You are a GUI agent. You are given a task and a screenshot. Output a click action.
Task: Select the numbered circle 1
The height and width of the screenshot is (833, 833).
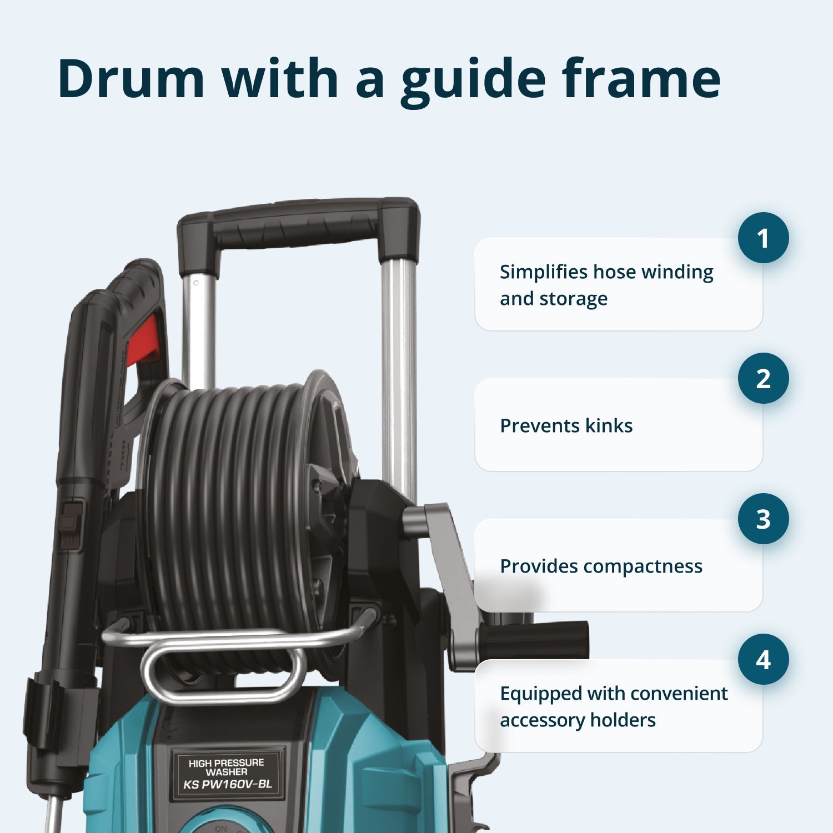pyautogui.click(x=763, y=238)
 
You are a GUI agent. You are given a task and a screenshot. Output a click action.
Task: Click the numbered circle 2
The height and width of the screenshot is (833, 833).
pyautogui.click(x=763, y=378)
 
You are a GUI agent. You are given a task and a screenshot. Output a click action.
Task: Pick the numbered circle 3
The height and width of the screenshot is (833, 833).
pyautogui.click(x=763, y=519)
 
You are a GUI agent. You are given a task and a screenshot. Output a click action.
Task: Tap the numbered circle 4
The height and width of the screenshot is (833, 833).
pyautogui.click(x=763, y=659)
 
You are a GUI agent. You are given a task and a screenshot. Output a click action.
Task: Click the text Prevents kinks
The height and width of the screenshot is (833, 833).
pyautogui.click(x=566, y=425)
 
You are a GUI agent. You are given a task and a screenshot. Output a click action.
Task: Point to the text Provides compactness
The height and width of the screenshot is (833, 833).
pyautogui.click(x=601, y=566)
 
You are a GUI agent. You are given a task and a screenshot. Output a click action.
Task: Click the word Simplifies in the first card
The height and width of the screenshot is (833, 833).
pyautogui.click(x=543, y=272)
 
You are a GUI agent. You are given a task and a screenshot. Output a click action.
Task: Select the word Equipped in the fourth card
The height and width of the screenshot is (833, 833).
pyautogui.click(x=541, y=694)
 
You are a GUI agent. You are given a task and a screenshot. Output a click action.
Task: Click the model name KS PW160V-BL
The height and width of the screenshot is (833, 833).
pyautogui.click(x=228, y=784)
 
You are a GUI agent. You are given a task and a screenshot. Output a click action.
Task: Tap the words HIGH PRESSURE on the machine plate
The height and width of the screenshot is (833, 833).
pyautogui.click(x=226, y=763)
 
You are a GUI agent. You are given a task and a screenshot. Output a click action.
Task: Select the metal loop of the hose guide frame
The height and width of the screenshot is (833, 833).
pyautogui.click(x=222, y=675)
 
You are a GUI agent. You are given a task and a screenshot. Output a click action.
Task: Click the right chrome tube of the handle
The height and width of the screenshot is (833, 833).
pyautogui.click(x=399, y=378)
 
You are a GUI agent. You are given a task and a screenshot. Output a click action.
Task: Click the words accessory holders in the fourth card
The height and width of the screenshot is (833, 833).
pyautogui.click(x=578, y=720)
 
